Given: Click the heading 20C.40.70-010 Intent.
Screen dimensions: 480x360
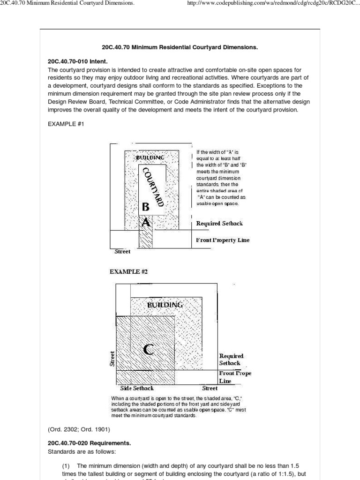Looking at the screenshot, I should tap(77, 61).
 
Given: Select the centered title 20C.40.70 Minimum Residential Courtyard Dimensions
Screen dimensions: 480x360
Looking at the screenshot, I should tap(180, 47).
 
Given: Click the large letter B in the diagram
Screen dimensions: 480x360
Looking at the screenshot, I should tap(146, 206).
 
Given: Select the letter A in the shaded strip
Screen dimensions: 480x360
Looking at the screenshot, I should tap(146, 223).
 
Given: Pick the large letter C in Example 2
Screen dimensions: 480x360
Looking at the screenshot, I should tap(148, 350).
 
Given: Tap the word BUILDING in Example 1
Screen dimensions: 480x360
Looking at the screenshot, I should tap(150, 157).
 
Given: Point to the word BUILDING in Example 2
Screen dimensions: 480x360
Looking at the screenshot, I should tap(165, 305).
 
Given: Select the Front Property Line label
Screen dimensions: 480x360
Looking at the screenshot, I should tap(223, 240).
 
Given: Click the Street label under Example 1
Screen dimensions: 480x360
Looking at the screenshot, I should tap(123, 252).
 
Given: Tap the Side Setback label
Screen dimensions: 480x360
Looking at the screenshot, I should tap(137, 388).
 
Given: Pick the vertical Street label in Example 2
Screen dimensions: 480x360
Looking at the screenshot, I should tap(112, 359).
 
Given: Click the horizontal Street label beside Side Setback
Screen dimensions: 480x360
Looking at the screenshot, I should tap(210, 388).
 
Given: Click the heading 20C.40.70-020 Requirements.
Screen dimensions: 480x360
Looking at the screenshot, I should tap(89, 442).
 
